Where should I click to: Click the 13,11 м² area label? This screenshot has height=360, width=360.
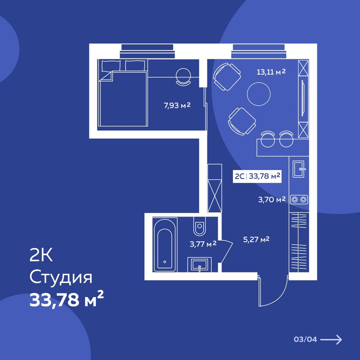point(271,72)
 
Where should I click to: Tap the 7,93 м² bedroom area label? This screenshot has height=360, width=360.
point(177,106)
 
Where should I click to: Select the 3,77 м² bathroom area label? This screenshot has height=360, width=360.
point(203,244)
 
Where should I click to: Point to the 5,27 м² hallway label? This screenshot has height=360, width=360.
point(256,240)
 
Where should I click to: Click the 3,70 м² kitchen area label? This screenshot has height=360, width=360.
point(272,199)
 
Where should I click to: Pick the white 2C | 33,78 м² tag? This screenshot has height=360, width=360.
point(257,176)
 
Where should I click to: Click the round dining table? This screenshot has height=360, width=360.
point(259,94)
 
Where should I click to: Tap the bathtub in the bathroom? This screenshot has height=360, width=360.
point(165,245)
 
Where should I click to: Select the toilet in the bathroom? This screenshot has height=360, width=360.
point(199,226)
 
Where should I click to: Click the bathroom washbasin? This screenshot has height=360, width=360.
point(199,265)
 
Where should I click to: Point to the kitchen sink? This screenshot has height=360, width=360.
point(299,169)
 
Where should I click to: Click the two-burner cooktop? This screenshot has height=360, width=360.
point(299,199)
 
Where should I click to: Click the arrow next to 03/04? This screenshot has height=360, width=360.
point(331,339)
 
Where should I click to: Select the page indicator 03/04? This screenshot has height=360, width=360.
point(306,339)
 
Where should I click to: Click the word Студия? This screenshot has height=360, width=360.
point(61,278)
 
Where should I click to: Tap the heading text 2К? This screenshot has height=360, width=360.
point(41,255)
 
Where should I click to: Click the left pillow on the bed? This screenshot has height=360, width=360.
point(111,66)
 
